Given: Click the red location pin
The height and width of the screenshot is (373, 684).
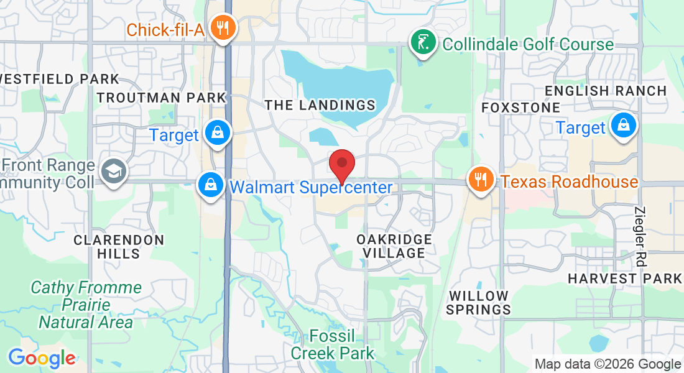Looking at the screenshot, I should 341,164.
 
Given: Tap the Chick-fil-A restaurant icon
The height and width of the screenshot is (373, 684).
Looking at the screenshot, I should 221,27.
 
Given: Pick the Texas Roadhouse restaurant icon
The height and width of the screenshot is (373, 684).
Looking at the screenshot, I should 480,179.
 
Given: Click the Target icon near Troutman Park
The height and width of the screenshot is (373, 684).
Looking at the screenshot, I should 218,133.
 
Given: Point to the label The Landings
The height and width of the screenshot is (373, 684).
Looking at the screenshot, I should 320,105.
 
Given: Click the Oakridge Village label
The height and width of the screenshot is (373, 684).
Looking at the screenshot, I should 394,246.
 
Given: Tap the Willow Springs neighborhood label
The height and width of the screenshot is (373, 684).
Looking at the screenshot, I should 479,302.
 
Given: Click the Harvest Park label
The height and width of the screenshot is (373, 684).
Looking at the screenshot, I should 625,278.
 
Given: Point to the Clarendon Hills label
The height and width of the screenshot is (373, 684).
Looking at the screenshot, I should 119,246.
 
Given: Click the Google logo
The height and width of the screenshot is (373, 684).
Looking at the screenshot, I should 42,358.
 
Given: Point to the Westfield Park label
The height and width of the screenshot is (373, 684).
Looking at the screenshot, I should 59,79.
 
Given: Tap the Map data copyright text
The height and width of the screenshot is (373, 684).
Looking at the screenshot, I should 608,364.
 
